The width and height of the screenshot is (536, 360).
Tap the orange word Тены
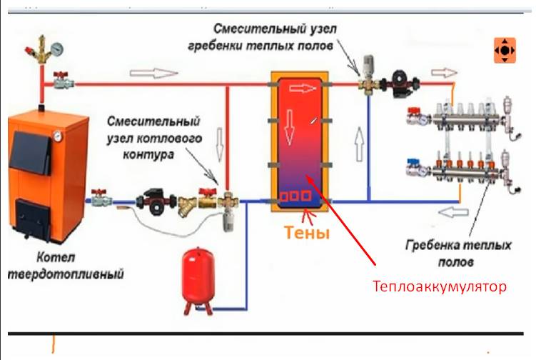click(307, 232)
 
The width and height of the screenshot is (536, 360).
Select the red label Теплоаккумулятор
click(439, 286)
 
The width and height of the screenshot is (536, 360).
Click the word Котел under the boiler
click(56, 257)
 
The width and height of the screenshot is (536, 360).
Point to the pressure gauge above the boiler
click(57, 49)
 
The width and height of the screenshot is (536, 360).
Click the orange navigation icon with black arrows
click(505, 50)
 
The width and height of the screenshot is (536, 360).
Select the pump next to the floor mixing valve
click(400, 83)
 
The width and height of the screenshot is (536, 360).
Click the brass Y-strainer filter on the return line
click(187, 206)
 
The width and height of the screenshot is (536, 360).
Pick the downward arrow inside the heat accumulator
click(289, 127)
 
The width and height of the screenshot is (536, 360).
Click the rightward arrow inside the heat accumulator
click(303, 89)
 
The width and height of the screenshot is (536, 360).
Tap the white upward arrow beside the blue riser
click(359, 144)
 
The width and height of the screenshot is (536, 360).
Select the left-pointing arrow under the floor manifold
click(453, 212)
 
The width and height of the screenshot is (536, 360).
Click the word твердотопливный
click(65, 274)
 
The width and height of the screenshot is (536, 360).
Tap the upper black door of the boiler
click(31, 151)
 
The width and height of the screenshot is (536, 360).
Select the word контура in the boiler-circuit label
click(148, 155)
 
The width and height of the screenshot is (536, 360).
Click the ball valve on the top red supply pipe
click(63, 81)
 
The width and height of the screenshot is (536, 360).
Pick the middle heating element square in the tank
click(295, 196)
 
